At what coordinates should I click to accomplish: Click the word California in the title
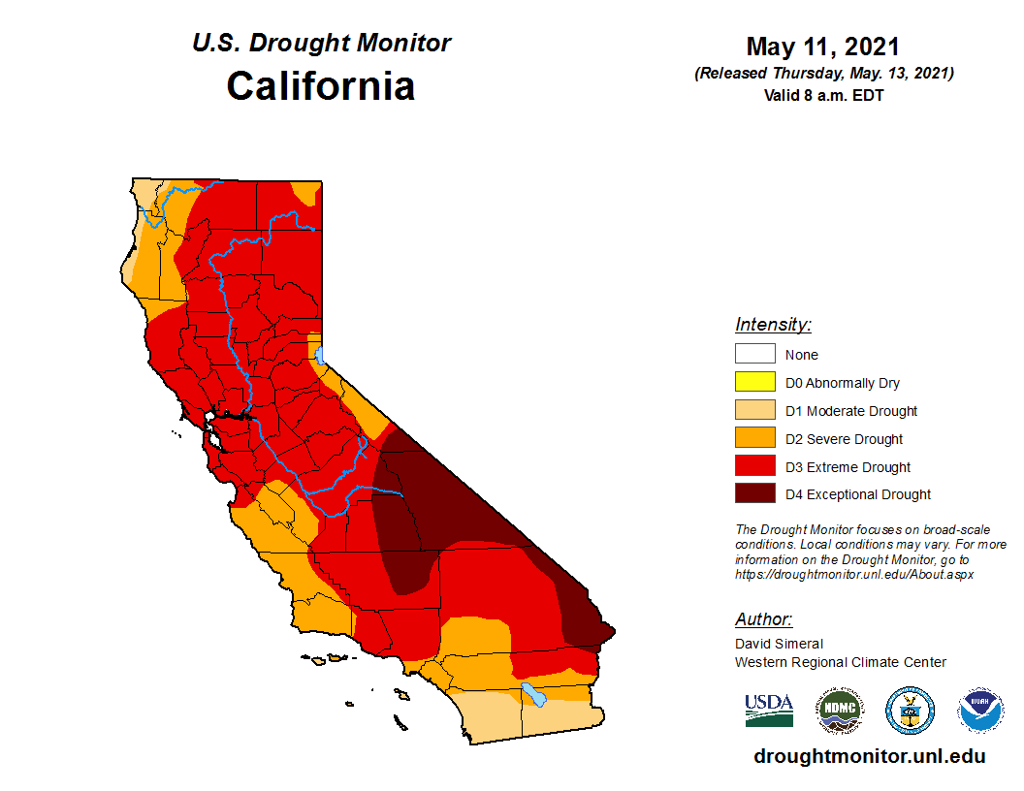(321, 86)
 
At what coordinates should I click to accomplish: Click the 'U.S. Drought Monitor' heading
(321, 44)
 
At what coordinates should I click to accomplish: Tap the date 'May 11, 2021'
(823, 47)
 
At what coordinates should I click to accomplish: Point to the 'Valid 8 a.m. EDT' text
(823, 95)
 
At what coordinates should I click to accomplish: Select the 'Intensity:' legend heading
(773, 325)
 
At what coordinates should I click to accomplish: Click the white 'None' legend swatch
(754, 355)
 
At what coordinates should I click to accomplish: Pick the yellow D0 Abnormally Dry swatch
(754, 383)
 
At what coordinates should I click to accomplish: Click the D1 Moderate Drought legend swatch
(754, 411)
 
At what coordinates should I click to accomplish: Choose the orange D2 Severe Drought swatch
(754, 439)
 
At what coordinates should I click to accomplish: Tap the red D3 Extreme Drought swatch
(754, 467)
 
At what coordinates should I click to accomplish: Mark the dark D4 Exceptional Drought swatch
(754, 494)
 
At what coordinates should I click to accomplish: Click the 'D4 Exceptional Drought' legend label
(858, 494)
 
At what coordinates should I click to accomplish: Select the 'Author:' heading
(763, 619)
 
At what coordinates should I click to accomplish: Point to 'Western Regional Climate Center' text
(840, 662)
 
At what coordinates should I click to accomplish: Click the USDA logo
(769, 711)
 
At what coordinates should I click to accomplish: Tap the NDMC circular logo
(839, 711)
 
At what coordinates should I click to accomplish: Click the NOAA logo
(980, 711)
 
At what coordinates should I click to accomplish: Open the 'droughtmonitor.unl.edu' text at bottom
(869, 757)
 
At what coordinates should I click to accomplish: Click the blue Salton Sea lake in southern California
(533, 694)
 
